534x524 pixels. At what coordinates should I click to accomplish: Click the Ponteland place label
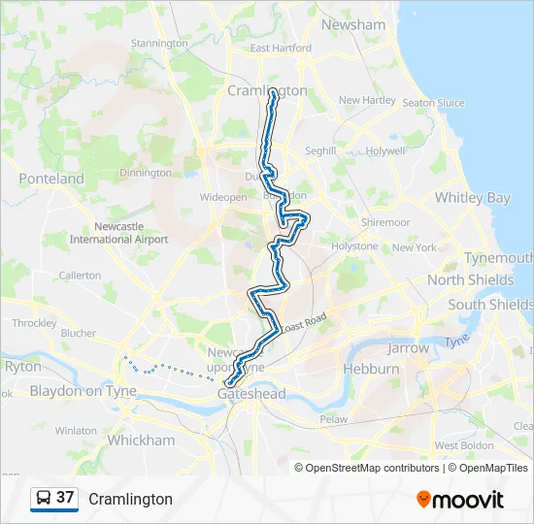51,179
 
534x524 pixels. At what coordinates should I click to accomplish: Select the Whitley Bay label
472,197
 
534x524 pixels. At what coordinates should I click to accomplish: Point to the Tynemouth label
498,257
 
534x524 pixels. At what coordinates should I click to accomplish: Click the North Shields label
471,279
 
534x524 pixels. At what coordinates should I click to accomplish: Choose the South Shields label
490,304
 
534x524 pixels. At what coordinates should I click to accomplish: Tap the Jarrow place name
408,346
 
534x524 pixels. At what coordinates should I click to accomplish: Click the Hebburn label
371,369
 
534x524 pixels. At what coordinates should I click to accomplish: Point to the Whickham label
141,440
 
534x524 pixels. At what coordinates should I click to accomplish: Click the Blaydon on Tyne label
83,391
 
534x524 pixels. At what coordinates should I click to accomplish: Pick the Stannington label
159,44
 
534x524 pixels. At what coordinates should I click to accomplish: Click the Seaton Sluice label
433,103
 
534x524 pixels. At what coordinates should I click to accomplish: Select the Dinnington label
145,173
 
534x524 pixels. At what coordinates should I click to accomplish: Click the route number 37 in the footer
65,497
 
